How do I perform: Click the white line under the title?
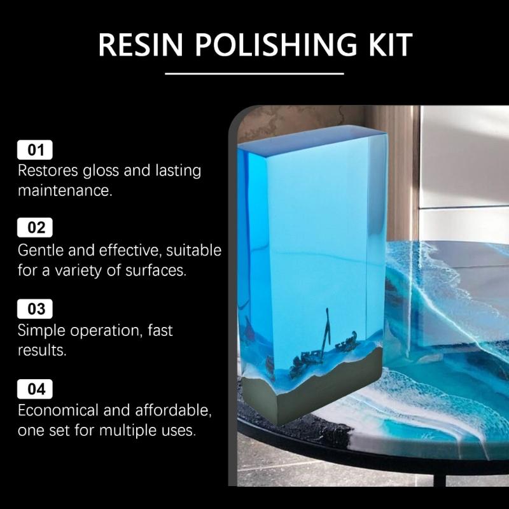(x=254, y=73)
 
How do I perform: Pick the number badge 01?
(x=36, y=150)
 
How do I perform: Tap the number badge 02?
(x=36, y=228)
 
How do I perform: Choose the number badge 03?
(x=36, y=309)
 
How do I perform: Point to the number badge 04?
(x=36, y=388)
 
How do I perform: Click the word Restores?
(x=48, y=171)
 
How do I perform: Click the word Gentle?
(x=41, y=250)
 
